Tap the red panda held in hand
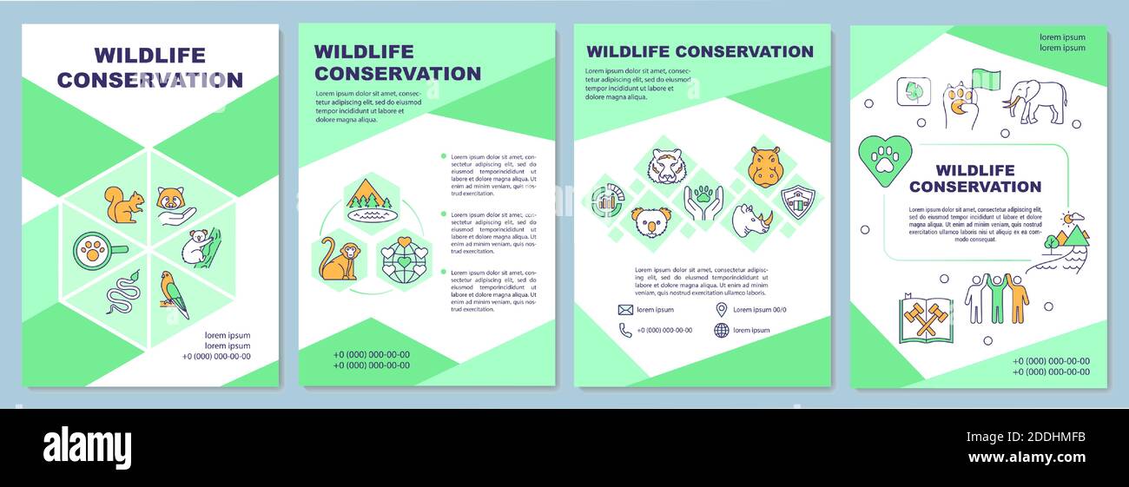(x=175, y=205)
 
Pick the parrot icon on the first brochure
(x=174, y=293)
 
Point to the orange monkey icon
(x=336, y=260)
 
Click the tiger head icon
(x=666, y=166)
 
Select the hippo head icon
(x=765, y=167)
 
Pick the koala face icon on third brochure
(x=649, y=221)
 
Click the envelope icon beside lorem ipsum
(x=625, y=310)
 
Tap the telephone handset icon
(x=625, y=330)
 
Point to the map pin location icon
(x=721, y=310)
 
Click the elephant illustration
(x=1035, y=102)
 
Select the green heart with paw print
(x=885, y=161)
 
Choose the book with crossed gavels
(x=925, y=319)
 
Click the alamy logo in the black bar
(x=87, y=448)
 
